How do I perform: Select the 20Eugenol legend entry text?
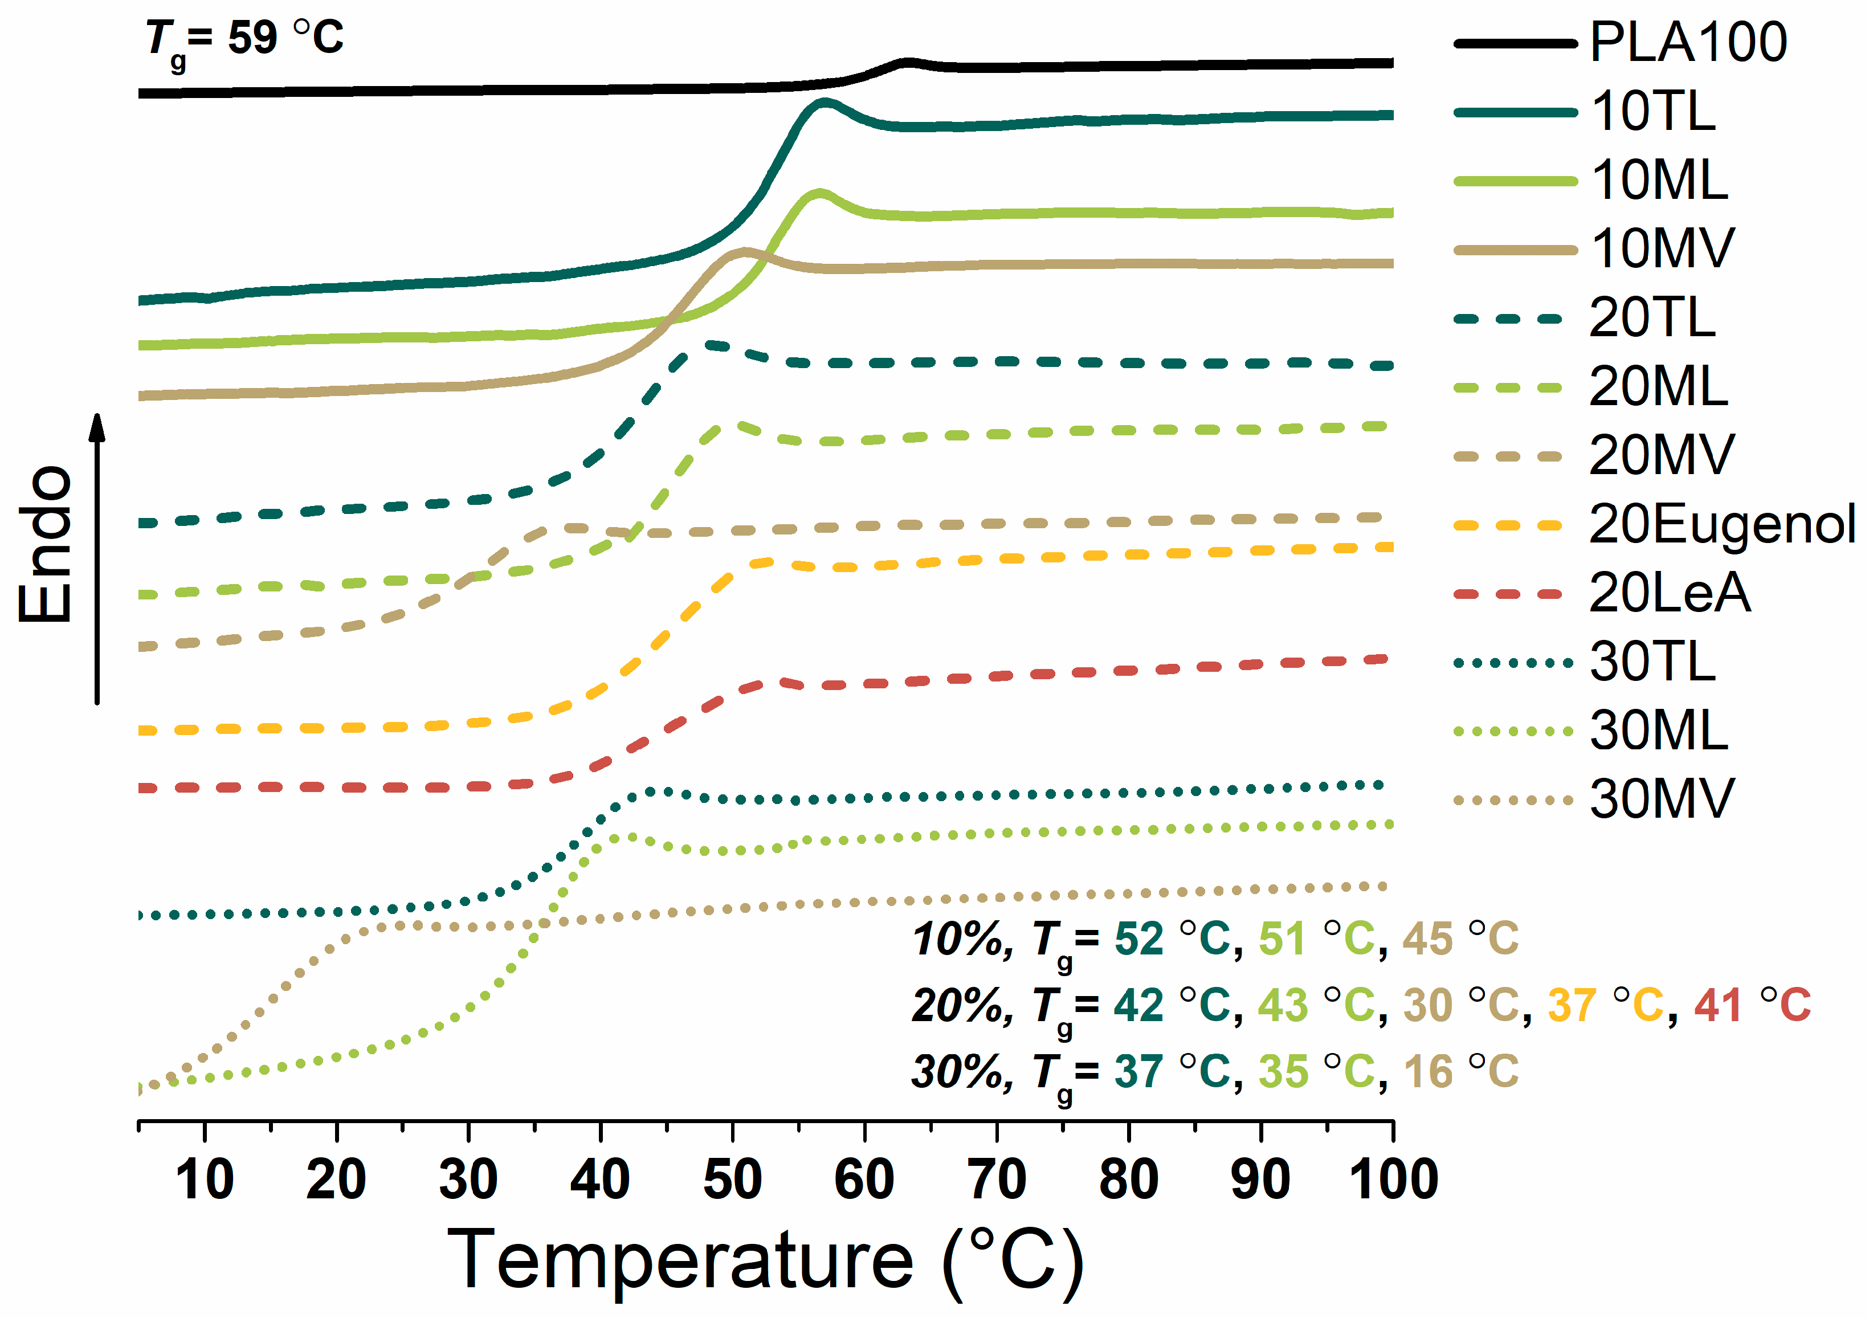click(x=1721, y=524)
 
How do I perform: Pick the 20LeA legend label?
click(x=1669, y=593)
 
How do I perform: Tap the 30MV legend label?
click(x=1662, y=799)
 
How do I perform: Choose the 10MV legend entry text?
click(x=1662, y=249)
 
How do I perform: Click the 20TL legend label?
click(x=1652, y=319)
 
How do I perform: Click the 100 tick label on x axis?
click(x=1393, y=1180)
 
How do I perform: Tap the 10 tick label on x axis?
click(x=205, y=1180)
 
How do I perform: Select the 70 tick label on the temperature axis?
click(x=997, y=1180)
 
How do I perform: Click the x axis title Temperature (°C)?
click(x=765, y=1260)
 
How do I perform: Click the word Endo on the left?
click(x=46, y=545)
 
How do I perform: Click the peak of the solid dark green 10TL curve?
click(x=824, y=103)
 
